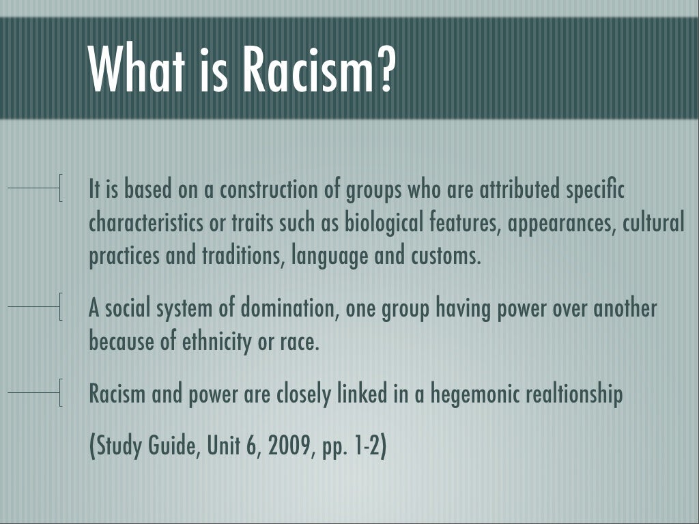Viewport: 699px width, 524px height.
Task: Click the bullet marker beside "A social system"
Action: pyautogui.click(x=61, y=306)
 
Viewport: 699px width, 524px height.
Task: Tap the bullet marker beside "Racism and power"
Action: pyautogui.click(x=61, y=393)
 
